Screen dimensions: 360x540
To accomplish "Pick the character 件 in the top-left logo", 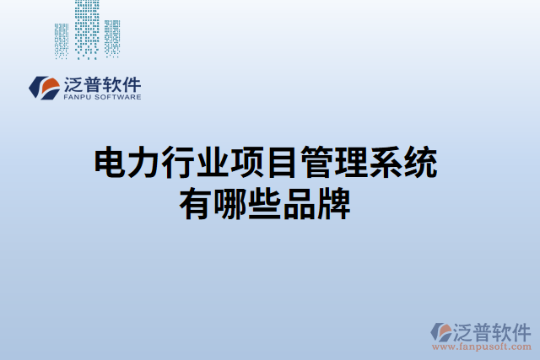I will pos(132,84).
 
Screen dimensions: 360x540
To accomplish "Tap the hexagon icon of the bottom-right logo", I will pos(440,331).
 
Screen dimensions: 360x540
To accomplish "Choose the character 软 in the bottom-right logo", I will pos(499,330).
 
